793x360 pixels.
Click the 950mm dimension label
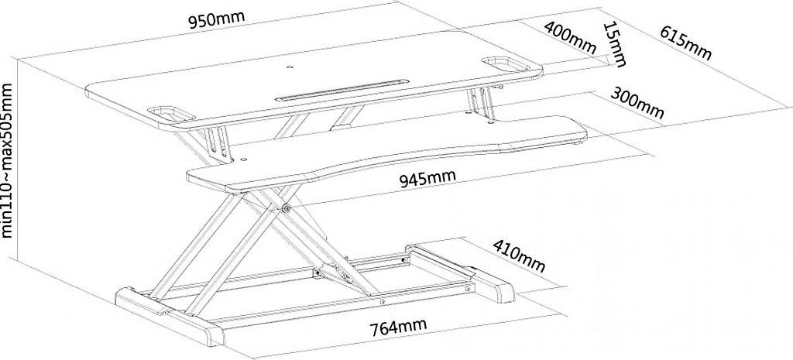click(x=217, y=19)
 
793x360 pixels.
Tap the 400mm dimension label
click(x=571, y=37)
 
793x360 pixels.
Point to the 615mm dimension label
click(x=685, y=43)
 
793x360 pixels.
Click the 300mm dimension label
click(x=637, y=103)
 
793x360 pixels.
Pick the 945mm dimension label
click(x=427, y=179)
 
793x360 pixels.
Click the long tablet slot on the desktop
click(x=342, y=89)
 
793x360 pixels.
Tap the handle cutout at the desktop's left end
click(x=171, y=113)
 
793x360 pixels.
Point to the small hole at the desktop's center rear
click(x=290, y=66)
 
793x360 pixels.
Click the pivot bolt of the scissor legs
click(x=287, y=207)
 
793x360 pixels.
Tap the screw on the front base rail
click(x=383, y=302)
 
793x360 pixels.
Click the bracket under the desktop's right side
click(x=481, y=105)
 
